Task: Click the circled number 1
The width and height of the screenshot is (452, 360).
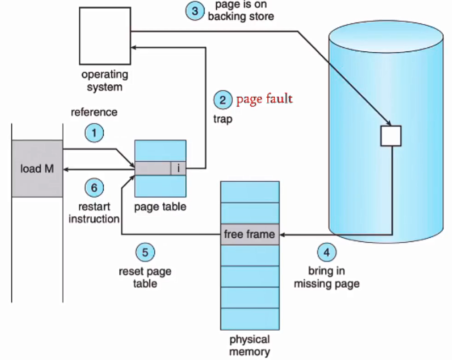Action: (94, 133)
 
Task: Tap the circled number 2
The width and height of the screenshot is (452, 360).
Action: (223, 100)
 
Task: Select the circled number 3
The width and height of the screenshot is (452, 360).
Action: (195, 11)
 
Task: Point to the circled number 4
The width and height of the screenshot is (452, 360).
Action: (326, 252)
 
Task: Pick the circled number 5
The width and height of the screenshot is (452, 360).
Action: (145, 252)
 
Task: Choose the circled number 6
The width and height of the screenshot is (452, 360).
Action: (94, 188)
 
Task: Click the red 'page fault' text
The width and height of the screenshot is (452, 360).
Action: (264, 99)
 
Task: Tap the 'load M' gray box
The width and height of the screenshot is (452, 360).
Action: (37, 169)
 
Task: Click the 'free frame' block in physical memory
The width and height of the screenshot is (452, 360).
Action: (249, 235)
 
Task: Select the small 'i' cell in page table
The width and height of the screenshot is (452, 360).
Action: (178, 169)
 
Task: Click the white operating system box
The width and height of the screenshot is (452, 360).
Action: (105, 36)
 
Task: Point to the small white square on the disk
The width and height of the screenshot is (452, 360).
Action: (391, 136)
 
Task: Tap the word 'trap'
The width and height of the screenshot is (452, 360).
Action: (223, 119)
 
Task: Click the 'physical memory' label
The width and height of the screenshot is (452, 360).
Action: (249, 346)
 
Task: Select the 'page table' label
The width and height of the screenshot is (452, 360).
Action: (160, 207)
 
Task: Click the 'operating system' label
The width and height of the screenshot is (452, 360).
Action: (105, 80)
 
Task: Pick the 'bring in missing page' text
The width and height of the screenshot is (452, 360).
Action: (326, 278)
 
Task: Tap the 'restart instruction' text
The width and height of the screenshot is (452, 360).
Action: (94, 213)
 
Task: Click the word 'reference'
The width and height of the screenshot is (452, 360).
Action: (94, 112)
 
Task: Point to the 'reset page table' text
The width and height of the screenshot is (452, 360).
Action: (145, 277)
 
